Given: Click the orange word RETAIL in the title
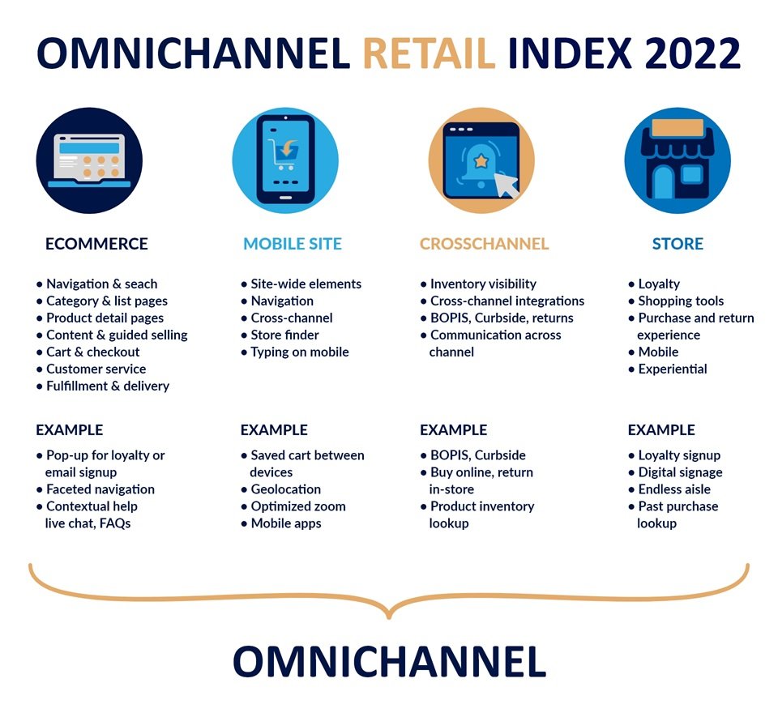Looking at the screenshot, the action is click(430, 53).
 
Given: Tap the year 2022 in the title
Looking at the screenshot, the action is click(693, 53).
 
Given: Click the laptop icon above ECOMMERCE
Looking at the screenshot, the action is click(89, 160).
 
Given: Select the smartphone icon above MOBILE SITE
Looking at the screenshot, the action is click(285, 160).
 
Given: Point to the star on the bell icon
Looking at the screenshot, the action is click(481, 161).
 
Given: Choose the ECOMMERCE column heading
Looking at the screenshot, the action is click(96, 244).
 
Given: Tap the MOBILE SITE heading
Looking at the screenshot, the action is click(293, 244).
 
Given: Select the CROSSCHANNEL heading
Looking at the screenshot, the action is click(485, 244).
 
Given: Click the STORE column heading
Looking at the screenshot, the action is click(678, 244).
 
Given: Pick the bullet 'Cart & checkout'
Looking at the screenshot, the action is click(92, 352).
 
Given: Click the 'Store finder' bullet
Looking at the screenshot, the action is click(284, 335).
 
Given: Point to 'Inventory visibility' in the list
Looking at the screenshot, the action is click(483, 284).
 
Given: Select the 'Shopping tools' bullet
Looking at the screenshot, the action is click(681, 301).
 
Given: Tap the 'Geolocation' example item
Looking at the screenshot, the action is click(286, 489).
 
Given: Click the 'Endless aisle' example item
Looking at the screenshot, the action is click(674, 489).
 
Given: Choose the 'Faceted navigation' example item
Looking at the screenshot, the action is click(100, 489).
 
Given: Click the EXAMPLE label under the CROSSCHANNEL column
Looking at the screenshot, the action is click(454, 430).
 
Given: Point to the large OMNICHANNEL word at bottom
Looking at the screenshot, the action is click(390, 661).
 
